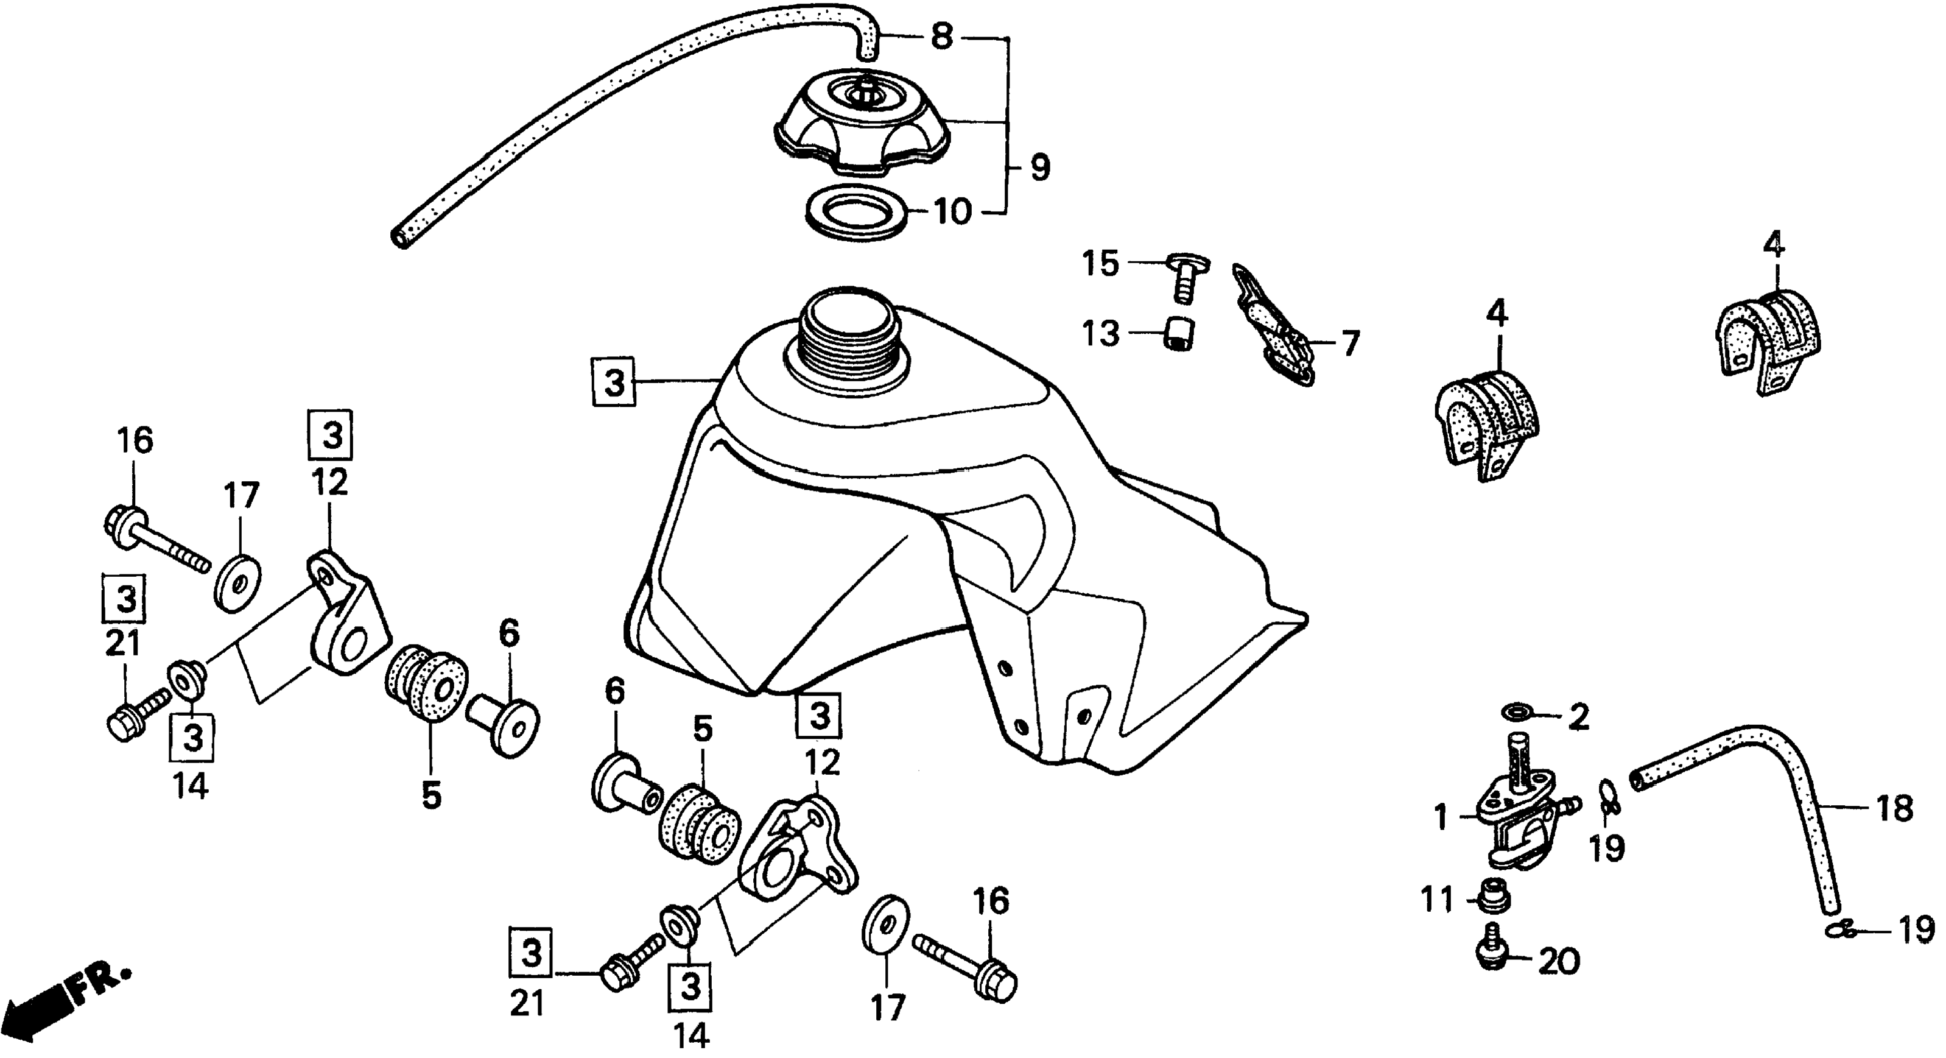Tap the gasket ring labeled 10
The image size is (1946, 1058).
click(x=857, y=216)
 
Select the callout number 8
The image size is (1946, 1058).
click(x=941, y=35)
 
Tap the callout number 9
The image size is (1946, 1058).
click(x=1040, y=168)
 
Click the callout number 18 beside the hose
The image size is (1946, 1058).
click(x=1895, y=809)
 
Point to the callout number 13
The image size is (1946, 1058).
click(x=1100, y=333)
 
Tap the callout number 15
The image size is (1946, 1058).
click(x=1100, y=264)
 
